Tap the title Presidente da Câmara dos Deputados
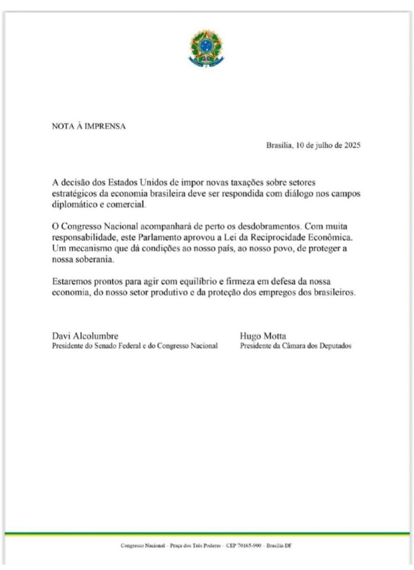[296, 346]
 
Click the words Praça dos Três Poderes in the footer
[192, 545]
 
